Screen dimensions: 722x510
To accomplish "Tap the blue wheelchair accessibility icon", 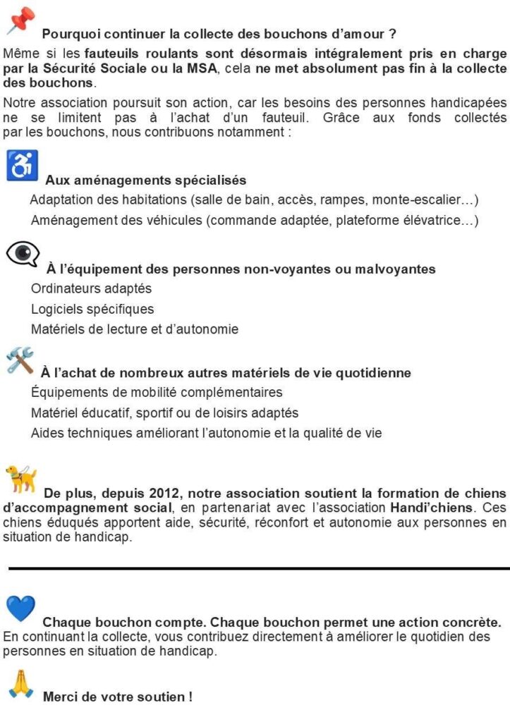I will [22, 166].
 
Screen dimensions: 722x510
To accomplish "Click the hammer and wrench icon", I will [20, 360].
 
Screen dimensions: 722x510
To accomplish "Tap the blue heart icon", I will [20, 609].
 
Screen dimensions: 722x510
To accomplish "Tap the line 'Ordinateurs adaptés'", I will [91, 288].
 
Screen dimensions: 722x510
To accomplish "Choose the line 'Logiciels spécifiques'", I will [92, 309].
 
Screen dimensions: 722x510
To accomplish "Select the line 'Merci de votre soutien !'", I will [118, 697].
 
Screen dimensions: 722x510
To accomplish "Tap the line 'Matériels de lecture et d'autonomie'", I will [135, 329].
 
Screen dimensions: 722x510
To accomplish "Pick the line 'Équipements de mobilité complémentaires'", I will [157, 392].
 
